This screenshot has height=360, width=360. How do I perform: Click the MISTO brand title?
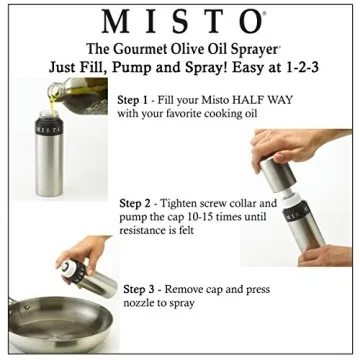point(179,21)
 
